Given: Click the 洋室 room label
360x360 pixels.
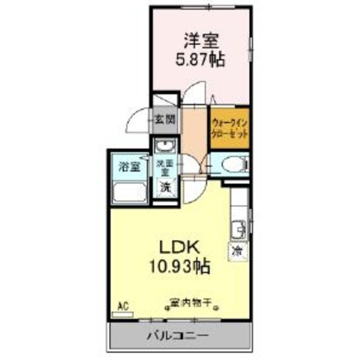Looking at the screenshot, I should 200,41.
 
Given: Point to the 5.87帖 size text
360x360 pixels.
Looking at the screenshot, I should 199,58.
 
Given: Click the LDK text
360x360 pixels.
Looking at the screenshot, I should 179,246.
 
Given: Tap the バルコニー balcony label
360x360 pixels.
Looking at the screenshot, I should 178,335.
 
